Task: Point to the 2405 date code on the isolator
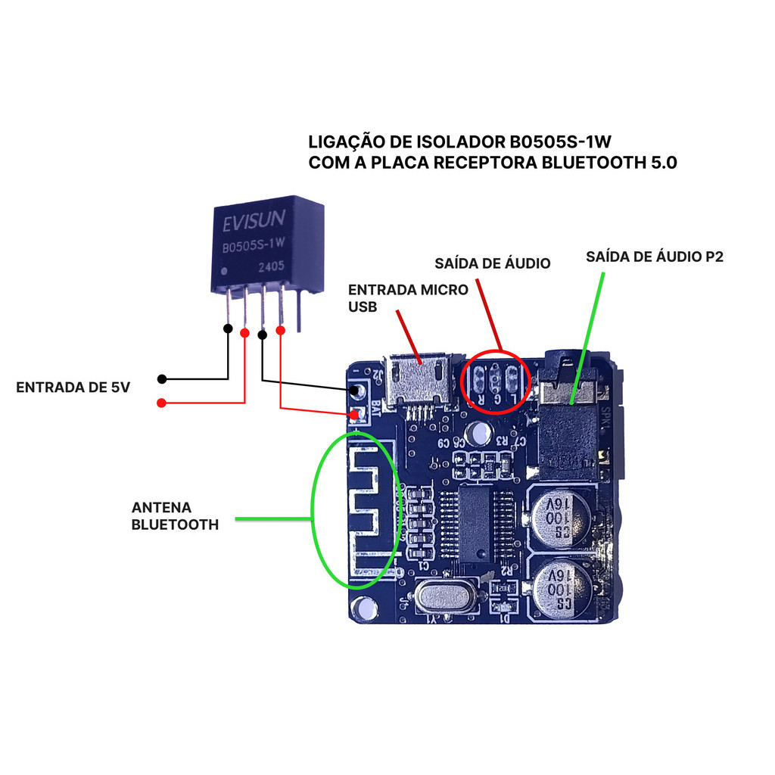272,267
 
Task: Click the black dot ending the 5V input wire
161,378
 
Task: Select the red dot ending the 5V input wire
161,403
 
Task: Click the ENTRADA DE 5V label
73,387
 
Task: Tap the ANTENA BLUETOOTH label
175,515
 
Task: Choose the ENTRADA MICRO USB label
407,298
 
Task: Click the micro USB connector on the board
418,380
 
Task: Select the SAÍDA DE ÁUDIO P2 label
655,257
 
